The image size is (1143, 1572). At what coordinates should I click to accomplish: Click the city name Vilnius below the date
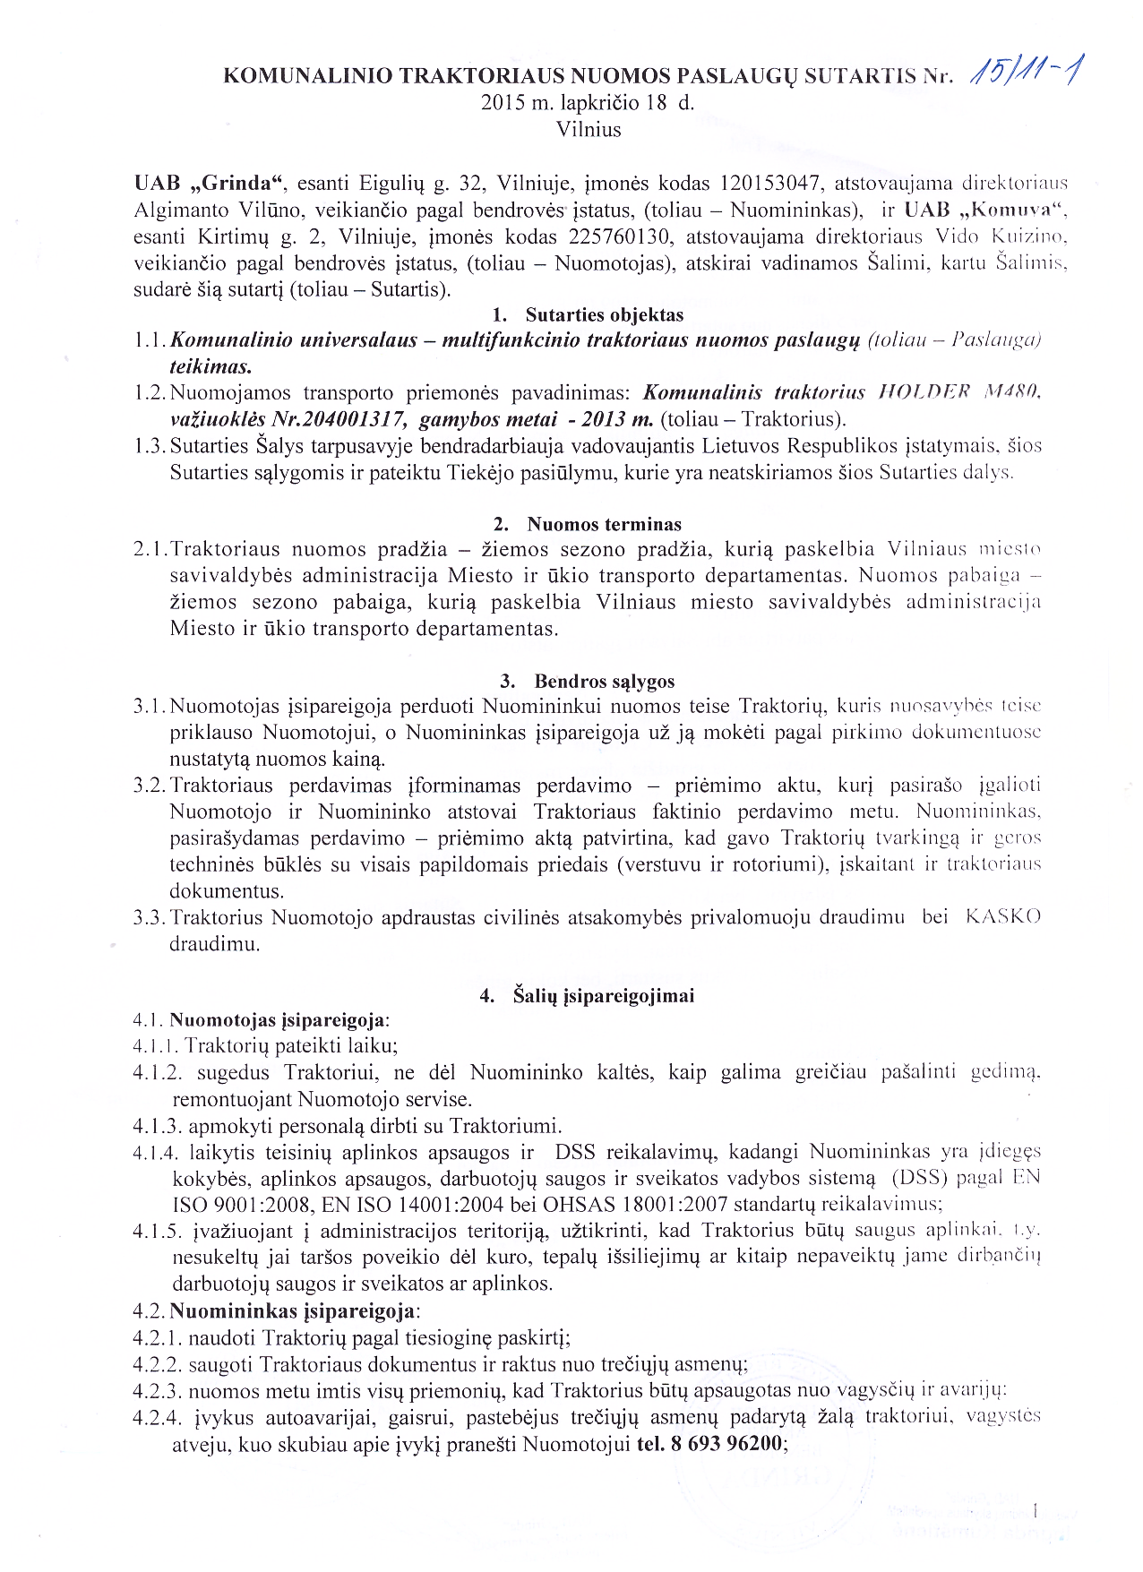point(589,129)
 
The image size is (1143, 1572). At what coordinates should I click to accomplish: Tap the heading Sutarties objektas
point(604,315)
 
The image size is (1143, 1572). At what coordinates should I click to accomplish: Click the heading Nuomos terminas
point(604,525)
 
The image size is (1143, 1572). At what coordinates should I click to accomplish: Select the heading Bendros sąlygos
point(604,682)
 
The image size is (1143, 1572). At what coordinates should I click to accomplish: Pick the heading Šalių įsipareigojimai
point(604,996)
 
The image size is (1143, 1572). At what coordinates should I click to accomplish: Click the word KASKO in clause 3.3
point(1002,917)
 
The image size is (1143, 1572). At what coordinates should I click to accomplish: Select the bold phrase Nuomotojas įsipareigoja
point(278,1020)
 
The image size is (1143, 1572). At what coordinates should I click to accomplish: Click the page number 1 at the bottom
point(1035,1513)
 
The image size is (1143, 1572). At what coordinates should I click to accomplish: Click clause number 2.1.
point(150,550)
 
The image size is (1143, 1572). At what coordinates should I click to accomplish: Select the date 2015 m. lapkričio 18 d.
point(588,102)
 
